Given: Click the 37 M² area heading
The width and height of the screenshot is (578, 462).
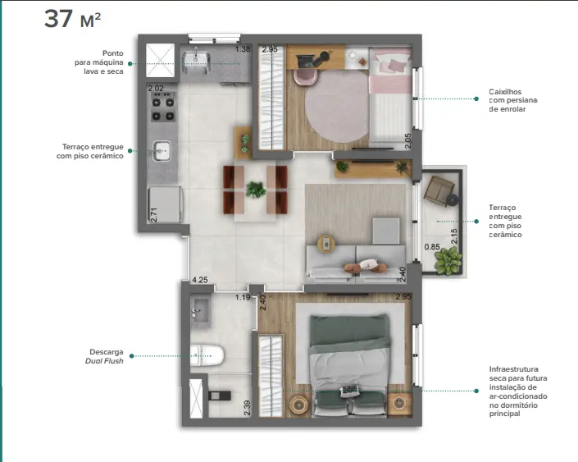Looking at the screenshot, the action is [x=73, y=19].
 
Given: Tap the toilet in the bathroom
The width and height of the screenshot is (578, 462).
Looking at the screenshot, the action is [x=207, y=355].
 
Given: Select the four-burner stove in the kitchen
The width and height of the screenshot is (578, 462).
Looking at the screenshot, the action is [x=163, y=107].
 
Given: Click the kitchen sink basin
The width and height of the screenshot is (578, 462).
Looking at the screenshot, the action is [x=162, y=150].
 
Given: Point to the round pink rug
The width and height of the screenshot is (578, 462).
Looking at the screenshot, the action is [x=337, y=107].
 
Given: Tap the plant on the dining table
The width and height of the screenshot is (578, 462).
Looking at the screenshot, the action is [x=256, y=190].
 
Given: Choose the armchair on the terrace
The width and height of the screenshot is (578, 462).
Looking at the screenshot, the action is [x=439, y=189].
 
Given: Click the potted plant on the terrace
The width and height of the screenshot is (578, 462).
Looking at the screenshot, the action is [x=448, y=260].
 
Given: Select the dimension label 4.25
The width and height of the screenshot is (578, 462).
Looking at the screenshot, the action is [x=200, y=280].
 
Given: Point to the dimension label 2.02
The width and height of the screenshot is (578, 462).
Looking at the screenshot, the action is [x=156, y=88].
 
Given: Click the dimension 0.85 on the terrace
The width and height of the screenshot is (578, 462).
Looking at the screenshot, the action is [x=432, y=246].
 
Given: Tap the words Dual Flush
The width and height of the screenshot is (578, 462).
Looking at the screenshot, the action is [x=104, y=361].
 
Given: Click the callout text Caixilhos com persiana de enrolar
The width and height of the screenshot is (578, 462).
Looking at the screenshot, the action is [x=512, y=100].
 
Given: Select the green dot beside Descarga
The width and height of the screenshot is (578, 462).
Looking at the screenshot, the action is [x=132, y=356].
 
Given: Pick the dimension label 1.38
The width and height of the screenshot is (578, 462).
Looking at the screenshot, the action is [x=243, y=48].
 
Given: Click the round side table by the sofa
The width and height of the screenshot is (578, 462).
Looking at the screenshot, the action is [x=325, y=244].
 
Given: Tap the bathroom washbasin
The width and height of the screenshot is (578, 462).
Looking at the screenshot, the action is [x=200, y=311].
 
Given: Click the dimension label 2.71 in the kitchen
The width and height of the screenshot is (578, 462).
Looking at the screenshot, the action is [x=154, y=215].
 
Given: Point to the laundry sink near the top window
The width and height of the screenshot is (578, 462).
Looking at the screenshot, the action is [x=196, y=59].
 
